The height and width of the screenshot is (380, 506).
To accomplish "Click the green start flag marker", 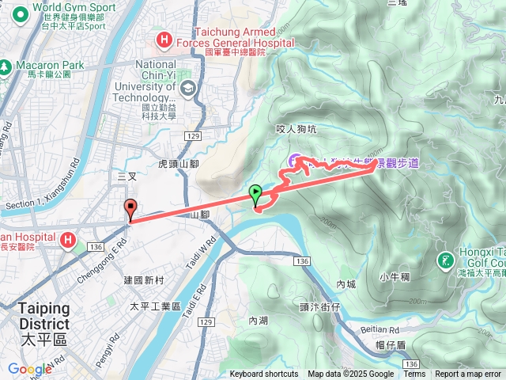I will coord(256,193).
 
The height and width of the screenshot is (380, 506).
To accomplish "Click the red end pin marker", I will coord(130,208).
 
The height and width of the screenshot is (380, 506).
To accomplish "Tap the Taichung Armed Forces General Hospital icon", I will coord(164,38).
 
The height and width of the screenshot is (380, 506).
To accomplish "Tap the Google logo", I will coord(29,369).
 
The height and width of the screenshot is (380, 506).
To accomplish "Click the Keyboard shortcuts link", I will coord(264,374).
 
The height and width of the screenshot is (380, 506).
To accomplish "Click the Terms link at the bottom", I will coord(413,374).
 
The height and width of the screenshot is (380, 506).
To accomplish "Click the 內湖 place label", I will coord(259,321).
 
